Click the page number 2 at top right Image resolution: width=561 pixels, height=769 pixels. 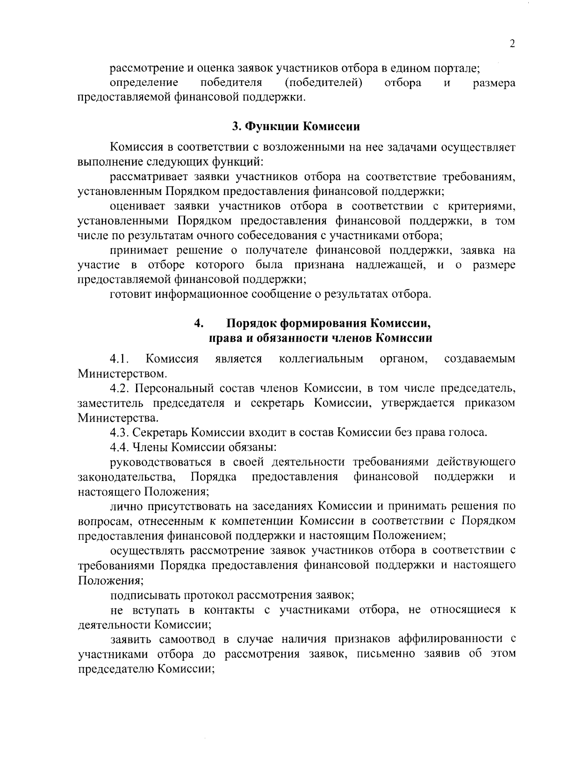point(512,44)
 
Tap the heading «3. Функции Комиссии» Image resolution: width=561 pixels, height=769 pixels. point(296,127)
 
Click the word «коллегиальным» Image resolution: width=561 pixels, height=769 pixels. point(321,359)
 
